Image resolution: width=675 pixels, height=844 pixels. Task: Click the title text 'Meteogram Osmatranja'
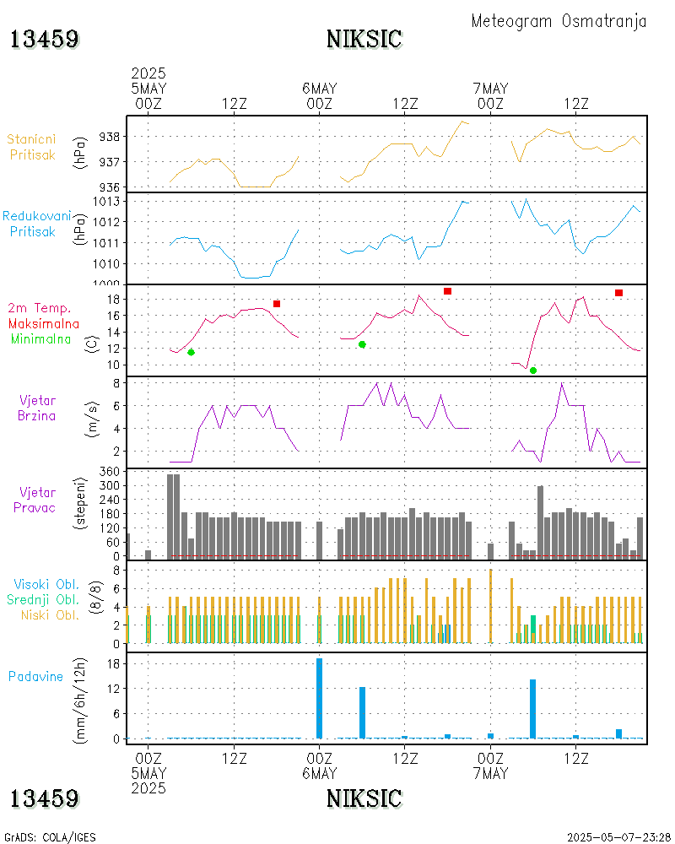[559, 21]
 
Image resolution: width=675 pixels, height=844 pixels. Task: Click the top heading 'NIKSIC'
[364, 39]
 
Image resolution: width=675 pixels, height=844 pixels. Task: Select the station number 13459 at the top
[45, 39]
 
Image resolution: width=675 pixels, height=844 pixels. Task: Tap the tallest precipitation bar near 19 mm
[320, 698]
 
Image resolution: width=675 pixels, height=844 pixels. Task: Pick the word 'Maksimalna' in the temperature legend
[44, 323]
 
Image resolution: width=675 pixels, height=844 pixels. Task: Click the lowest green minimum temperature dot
[533, 371]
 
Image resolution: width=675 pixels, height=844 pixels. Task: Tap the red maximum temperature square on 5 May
[277, 304]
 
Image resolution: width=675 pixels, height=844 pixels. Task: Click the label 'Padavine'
[35, 676]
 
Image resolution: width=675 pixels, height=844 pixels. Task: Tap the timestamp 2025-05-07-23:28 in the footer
[616, 837]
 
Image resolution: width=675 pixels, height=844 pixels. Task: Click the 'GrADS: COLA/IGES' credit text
[50, 837]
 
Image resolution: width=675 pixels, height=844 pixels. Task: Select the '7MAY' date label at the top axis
[490, 88]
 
